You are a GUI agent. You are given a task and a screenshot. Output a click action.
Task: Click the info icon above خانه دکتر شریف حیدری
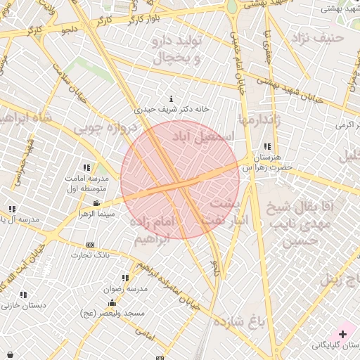pyautogui.click(x=172, y=98)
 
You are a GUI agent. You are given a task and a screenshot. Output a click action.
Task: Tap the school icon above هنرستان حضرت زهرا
pyautogui.click(x=267, y=146)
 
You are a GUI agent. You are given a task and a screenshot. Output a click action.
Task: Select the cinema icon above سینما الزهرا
pyautogui.click(x=96, y=203)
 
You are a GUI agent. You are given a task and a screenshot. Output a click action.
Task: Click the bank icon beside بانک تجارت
pyautogui.click(x=89, y=245)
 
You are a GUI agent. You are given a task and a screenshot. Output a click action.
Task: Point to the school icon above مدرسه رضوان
pyautogui.click(x=126, y=278)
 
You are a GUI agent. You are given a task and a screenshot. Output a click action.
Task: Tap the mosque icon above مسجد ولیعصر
pyautogui.click(x=112, y=303)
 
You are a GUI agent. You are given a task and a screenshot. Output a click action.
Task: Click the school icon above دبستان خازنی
pyautogui.click(x=23, y=295)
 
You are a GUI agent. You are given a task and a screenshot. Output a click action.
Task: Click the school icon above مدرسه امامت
pyautogui.click(x=86, y=168)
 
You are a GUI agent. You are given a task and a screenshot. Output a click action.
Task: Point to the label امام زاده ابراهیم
pyautogui.click(x=151, y=230)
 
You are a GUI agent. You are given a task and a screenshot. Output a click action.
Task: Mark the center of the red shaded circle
pyautogui.click(x=180, y=180)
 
